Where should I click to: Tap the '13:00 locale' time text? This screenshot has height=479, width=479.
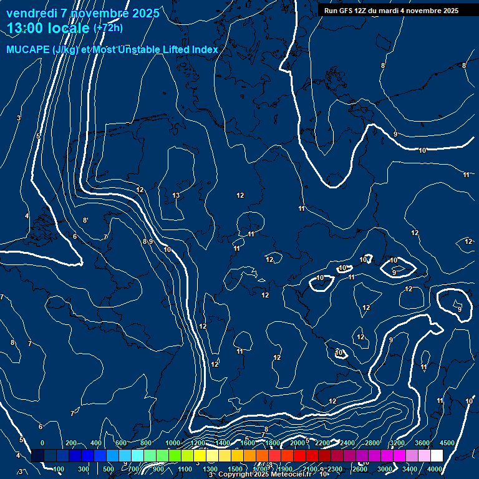[48, 28]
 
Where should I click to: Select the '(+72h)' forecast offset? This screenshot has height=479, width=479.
[108, 28]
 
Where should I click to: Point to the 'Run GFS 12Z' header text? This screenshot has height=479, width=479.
[347, 11]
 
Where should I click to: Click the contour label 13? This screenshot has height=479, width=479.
[176, 196]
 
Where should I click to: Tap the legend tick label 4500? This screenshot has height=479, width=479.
[447, 443]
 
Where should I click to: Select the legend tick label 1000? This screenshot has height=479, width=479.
[172, 443]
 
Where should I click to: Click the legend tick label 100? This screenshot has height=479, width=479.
[59, 469]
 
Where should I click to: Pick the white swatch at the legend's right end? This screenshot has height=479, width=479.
[437, 456]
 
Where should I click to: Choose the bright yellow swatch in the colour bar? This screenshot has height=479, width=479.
[200, 456]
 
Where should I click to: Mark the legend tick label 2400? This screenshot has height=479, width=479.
[347, 443]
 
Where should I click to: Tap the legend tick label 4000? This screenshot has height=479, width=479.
[435, 469]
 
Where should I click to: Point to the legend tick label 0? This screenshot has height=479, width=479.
[42, 443]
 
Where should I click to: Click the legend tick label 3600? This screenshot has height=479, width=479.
[422, 443]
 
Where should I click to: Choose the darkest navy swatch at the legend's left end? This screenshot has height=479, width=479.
[37, 456]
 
